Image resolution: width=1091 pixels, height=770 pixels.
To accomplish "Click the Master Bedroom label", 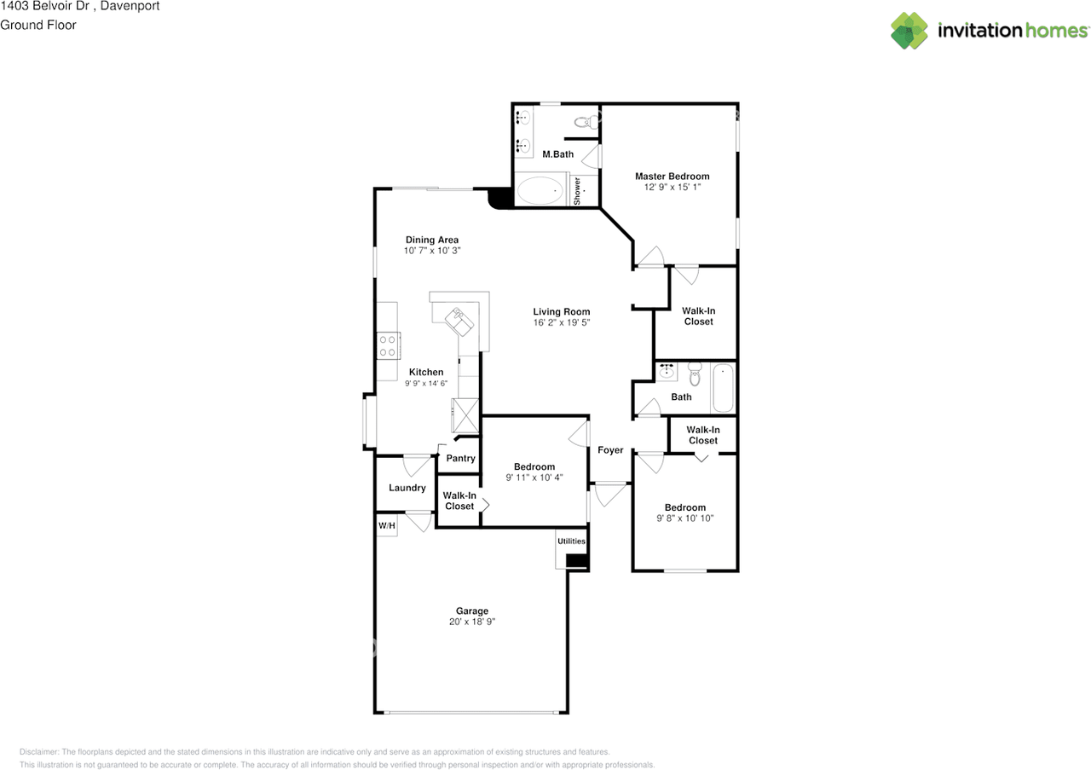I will (x=672, y=177).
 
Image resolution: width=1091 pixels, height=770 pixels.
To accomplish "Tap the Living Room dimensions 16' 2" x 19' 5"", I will (x=562, y=323).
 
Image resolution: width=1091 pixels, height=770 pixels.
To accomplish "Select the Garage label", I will (x=471, y=611).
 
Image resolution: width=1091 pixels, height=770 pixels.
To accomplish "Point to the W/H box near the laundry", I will (x=386, y=525).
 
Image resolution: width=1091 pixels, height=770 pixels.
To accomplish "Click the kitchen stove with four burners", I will (x=387, y=345).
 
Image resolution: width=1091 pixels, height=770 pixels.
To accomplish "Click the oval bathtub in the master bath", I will (x=540, y=191).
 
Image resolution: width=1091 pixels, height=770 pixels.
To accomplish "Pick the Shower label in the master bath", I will (x=577, y=191).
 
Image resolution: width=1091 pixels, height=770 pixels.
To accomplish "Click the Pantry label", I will (x=460, y=459).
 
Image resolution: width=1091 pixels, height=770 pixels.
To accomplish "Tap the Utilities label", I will (x=571, y=541).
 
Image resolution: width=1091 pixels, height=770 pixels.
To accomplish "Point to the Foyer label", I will (x=610, y=450).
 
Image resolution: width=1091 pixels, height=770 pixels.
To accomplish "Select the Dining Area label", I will (x=431, y=240).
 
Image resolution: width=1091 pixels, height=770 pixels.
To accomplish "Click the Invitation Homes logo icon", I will (x=909, y=31).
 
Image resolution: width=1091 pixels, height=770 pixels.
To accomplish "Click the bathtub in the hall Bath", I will (x=723, y=389).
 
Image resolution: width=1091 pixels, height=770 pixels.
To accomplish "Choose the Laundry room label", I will (x=407, y=488).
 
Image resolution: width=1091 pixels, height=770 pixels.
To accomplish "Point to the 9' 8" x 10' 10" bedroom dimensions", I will (x=684, y=518).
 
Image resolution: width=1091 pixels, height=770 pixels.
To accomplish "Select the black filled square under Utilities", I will (x=577, y=560).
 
